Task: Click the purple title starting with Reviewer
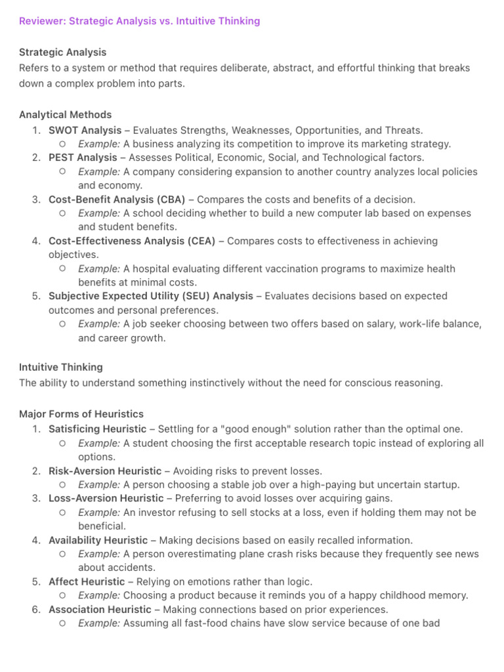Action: point(139,21)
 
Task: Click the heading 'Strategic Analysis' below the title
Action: point(62,52)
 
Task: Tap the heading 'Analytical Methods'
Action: point(65,115)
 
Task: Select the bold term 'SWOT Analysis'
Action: point(85,130)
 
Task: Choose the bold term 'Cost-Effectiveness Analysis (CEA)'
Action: point(131,241)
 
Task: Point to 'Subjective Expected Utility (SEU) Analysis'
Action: point(150,296)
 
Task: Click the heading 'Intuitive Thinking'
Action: point(60,367)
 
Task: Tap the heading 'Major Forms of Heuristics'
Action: point(81,414)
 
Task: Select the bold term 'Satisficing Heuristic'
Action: point(97,429)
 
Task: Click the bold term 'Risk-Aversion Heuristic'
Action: point(104,471)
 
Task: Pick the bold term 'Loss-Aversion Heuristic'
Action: point(106,498)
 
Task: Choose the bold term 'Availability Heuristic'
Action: point(98,540)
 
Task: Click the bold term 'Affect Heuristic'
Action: point(86,581)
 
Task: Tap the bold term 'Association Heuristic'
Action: point(100,609)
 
